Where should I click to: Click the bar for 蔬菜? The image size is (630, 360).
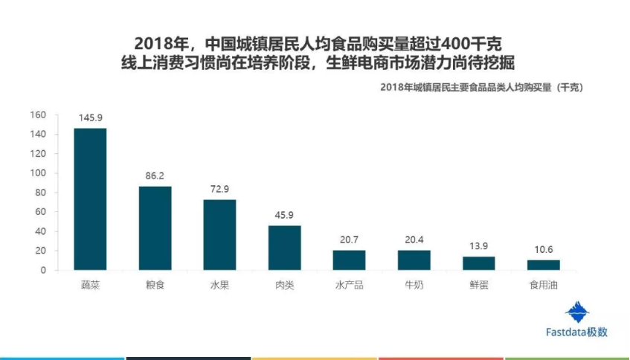[90, 199]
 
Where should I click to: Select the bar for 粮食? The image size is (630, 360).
[155, 228]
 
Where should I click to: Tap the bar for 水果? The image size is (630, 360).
[219, 235]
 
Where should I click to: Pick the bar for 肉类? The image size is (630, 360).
[284, 248]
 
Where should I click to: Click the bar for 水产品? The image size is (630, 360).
[349, 260]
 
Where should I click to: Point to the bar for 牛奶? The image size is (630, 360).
[414, 260]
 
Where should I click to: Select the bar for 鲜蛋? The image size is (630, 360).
[478, 263]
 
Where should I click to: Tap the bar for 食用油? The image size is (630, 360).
[543, 265]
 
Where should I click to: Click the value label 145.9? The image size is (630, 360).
[90, 118]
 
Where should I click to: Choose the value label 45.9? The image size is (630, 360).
[284, 216]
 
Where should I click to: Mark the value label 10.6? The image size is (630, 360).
[543, 250]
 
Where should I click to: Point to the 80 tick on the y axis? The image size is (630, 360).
[41, 193]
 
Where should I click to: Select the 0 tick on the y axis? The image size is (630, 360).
[44, 270]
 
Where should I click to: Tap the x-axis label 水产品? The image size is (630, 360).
[349, 286]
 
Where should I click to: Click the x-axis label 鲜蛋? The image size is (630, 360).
[478, 286]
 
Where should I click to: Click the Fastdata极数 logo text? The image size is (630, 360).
[575, 332]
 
